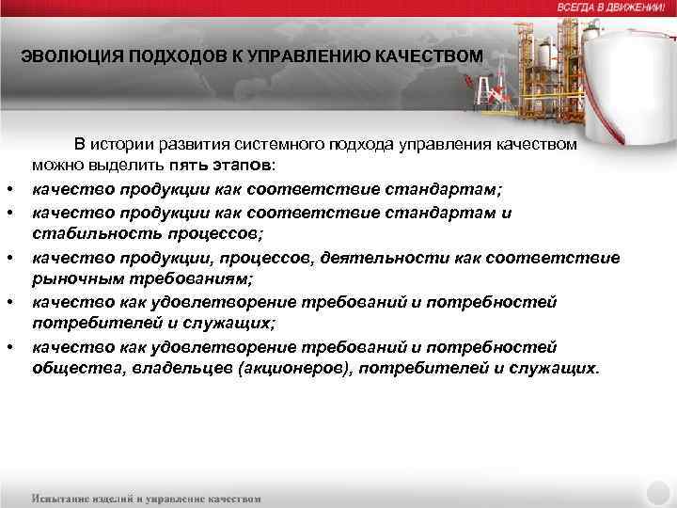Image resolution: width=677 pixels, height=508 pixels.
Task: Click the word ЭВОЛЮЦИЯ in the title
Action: pyautogui.click(x=62, y=57)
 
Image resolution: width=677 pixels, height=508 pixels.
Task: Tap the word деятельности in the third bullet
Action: pyautogui.click(x=400, y=257)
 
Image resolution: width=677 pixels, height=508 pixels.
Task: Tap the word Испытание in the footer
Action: pyautogui.click(x=64, y=498)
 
